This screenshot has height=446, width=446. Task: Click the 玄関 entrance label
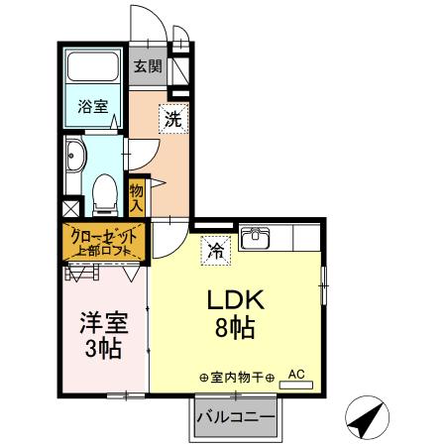tap(148, 67)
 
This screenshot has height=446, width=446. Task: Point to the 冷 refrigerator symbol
tap(213, 252)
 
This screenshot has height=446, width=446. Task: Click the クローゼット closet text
tap(104, 236)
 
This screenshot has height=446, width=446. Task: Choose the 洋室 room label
tap(101, 323)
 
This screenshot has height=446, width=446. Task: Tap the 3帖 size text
tap(101, 349)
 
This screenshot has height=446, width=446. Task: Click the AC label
tap(295, 374)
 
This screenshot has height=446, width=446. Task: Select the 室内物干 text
tap(236, 377)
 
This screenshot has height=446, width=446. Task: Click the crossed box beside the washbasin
tap(69, 210)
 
